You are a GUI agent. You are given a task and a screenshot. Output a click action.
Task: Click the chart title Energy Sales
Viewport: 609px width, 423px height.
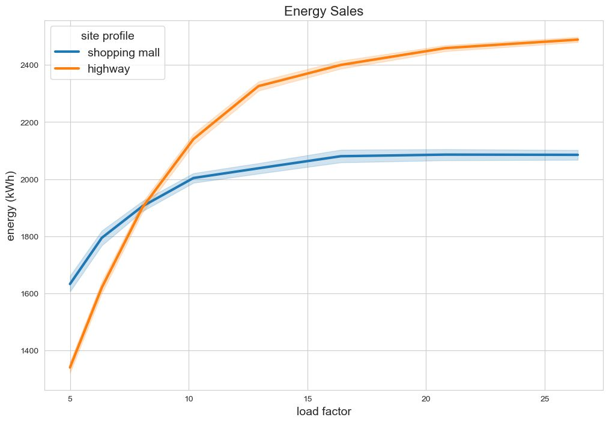[x=324, y=11]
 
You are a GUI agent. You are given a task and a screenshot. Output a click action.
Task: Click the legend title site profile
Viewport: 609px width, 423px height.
[x=108, y=36]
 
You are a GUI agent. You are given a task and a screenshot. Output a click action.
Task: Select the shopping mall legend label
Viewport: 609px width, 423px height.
[x=123, y=52]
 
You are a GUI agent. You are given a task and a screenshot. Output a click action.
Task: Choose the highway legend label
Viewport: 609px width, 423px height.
[x=109, y=69]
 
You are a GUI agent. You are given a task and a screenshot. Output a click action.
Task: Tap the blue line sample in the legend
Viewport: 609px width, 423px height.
[x=67, y=52]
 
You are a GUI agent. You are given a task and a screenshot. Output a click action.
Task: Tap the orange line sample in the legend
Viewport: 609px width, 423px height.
[x=67, y=69]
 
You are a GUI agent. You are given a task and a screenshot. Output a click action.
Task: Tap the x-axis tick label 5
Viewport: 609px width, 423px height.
[x=70, y=399]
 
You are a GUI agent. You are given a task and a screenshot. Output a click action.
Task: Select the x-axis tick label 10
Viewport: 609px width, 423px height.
[x=189, y=399]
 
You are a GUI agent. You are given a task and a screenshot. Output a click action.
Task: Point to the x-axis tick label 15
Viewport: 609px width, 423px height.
[x=308, y=399]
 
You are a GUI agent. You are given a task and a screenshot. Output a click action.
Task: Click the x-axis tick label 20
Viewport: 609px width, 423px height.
[x=426, y=399]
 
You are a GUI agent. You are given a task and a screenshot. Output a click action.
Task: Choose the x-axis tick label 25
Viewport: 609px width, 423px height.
[x=545, y=399]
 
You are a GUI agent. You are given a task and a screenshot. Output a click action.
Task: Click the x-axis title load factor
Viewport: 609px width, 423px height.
[x=324, y=412]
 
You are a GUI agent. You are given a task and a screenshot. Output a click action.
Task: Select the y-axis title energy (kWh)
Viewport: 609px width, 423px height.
[x=12, y=205]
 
